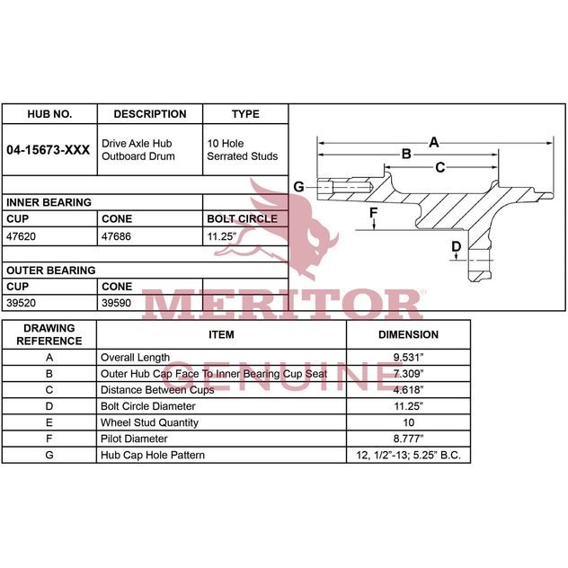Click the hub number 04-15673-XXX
pyautogui.click(x=49, y=150)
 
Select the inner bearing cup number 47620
pyautogui.click(x=21, y=236)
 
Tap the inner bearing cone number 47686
pyautogui.click(x=116, y=236)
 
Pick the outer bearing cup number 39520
pyautogui.click(x=21, y=303)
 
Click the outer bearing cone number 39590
pyautogui.click(x=116, y=303)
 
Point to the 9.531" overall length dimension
pyautogui.click(x=408, y=358)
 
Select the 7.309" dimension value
pyautogui.click(x=408, y=374)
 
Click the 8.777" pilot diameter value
pyautogui.click(x=408, y=439)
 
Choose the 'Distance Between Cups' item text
pyautogui.click(x=157, y=390)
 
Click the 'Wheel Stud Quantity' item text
pyautogui.click(x=149, y=422)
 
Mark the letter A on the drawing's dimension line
pyautogui.click(x=433, y=142)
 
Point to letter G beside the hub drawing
pyautogui.click(x=298, y=187)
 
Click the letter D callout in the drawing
pyautogui.click(x=456, y=246)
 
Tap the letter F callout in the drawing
pyautogui.click(x=374, y=213)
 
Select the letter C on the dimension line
pyautogui.click(x=440, y=167)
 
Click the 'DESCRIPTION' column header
pyautogui.click(x=150, y=114)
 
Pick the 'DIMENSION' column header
pyautogui.click(x=408, y=334)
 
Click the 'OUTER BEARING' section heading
pyautogui.click(x=51, y=271)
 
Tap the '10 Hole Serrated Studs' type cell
pyautogui.click(x=243, y=150)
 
